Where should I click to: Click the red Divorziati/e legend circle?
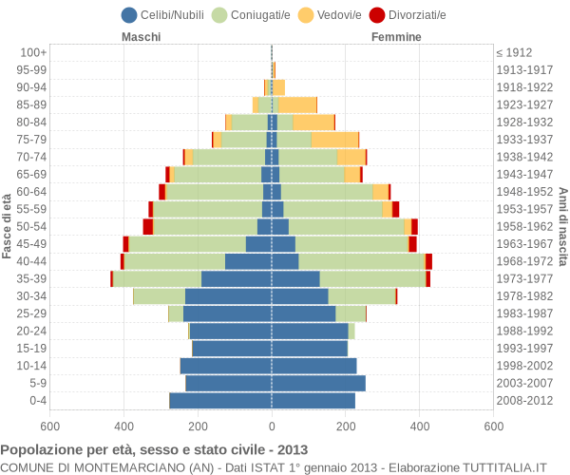point(377,15)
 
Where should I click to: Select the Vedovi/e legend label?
point(339,15)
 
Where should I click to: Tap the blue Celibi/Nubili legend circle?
point(129,15)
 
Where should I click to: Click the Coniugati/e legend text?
point(260,15)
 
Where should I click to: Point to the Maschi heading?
point(141,37)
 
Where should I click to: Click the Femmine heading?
point(396,37)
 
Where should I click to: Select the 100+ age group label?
point(33,52)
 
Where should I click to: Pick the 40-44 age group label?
point(31,261)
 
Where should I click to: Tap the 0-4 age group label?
point(38,401)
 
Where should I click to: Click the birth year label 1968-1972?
point(524,261)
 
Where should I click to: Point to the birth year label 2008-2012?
point(524,401)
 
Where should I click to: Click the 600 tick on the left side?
point(49,426)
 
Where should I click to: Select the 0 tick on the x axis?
point(272,426)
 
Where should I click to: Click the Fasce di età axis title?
point(7,226)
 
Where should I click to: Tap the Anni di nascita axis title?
point(562,227)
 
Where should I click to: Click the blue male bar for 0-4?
point(220,401)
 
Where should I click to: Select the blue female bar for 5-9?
point(319,383)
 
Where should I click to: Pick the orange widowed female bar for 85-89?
point(297,104)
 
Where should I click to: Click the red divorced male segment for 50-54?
point(147,226)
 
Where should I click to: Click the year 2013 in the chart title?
point(293,450)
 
